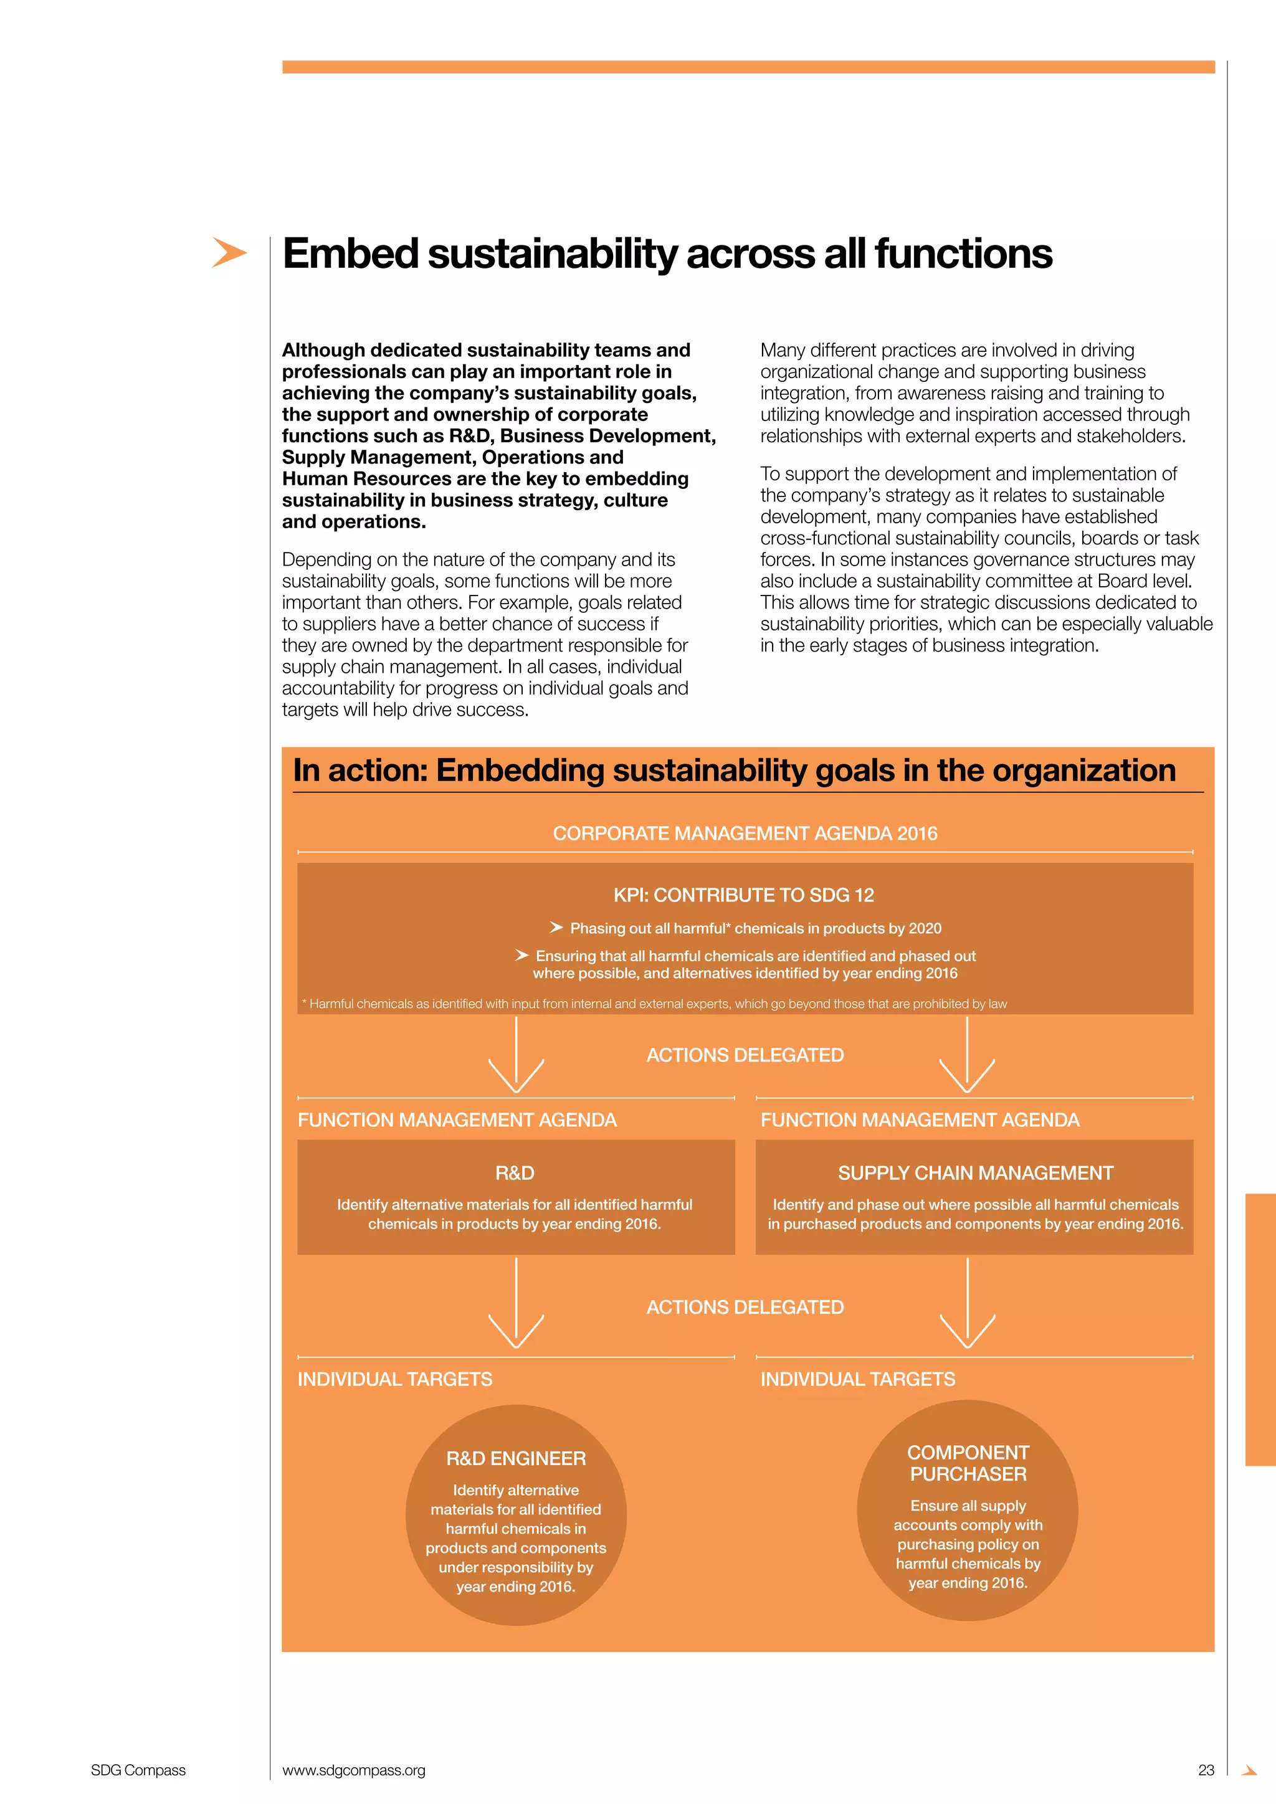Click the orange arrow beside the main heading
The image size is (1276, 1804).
pyautogui.click(x=229, y=252)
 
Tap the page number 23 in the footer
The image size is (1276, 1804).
pyautogui.click(x=1206, y=1770)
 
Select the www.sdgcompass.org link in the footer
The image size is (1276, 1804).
pyautogui.click(x=353, y=1770)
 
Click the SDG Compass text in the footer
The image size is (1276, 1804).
pyautogui.click(x=138, y=1770)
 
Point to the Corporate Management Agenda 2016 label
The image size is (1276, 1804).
pyautogui.click(x=745, y=833)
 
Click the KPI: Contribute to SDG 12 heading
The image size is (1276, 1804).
pyautogui.click(x=743, y=895)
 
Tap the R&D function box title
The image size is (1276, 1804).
pyautogui.click(x=515, y=1173)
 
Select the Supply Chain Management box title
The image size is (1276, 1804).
pyautogui.click(x=975, y=1173)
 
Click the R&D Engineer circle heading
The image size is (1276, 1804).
pyautogui.click(x=515, y=1458)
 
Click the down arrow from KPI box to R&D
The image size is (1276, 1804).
pyautogui.click(x=517, y=1056)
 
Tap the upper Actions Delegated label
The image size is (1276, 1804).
pyautogui.click(x=745, y=1055)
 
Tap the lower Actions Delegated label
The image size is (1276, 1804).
pyautogui.click(x=745, y=1308)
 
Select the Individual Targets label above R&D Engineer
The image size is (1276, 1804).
pyautogui.click(x=394, y=1379)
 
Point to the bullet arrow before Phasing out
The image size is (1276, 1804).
pyautogui.click(x=556, y=928)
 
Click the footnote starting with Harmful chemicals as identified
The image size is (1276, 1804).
pyautogui.click(x=654, y=1004)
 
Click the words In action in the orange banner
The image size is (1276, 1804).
pyautogui.click(x=359, y=771)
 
